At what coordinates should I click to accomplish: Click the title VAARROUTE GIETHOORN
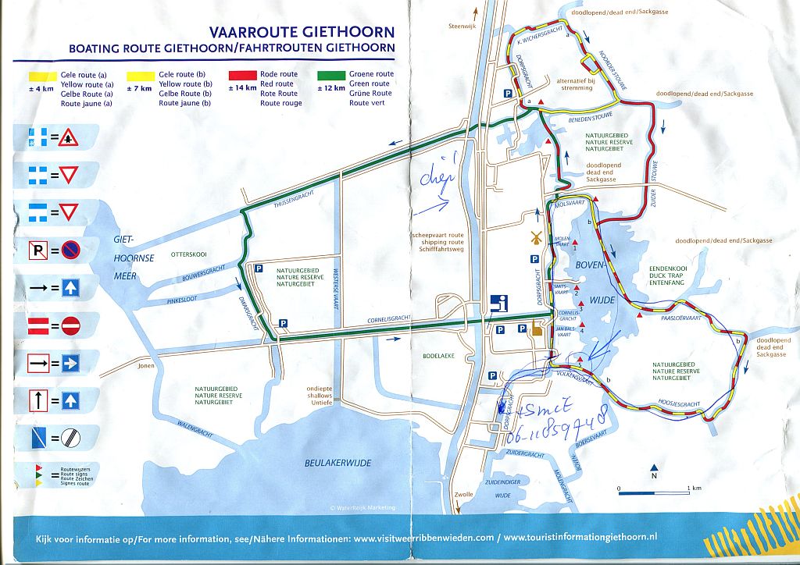[x=301, y=33]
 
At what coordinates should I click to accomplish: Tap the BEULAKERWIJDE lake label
[x=337, y=463]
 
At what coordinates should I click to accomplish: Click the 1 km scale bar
[x=652, y=492]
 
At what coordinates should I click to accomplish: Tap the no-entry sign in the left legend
[x=70, y=325]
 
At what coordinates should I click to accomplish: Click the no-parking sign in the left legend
[x=70, y=251]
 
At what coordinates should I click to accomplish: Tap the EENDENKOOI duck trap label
[x=670, y=268]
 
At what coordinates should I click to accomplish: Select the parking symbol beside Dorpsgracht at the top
[x=507, y=93]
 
